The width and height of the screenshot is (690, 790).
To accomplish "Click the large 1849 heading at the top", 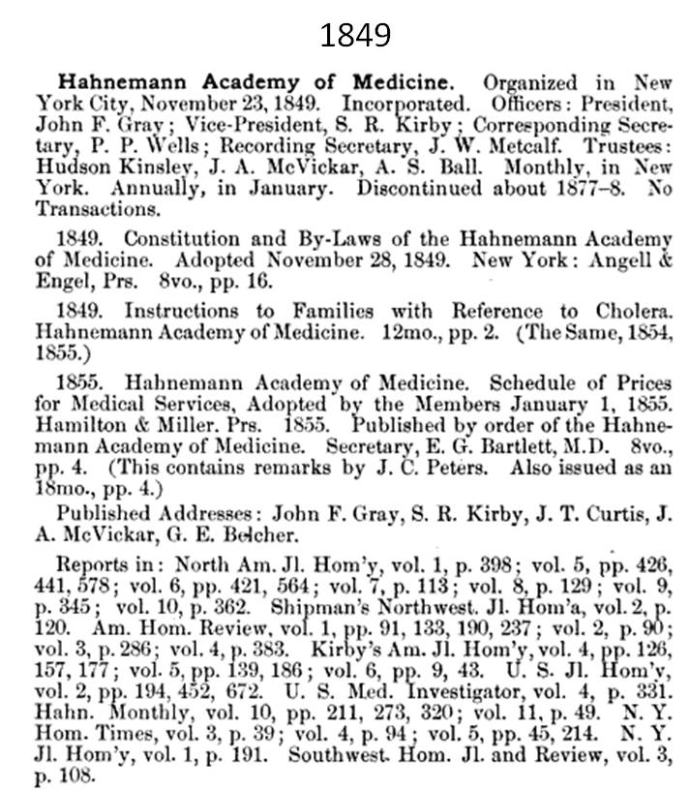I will pyautogui.click(x=355, y=35).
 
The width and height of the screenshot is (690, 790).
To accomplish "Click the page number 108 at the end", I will pyautogui.click(x=79, y=775).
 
